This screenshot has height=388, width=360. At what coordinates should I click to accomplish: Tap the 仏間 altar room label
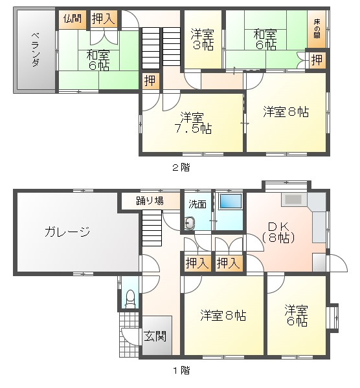[73, 19]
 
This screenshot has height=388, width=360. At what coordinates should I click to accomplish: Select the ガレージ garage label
[67, 232]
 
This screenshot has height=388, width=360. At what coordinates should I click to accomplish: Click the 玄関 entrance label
[155, 336]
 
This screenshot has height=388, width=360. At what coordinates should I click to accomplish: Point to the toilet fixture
[130, 298]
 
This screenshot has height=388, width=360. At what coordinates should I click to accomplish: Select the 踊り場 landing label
[149, 200]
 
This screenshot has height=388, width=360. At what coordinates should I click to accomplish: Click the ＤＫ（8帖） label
[279, 232]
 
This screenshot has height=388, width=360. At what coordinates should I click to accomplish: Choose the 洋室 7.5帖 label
[194, 122]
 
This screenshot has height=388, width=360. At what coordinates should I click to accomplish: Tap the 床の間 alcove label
[317, 28]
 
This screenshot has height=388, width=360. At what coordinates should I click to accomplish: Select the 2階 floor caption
[181, 166]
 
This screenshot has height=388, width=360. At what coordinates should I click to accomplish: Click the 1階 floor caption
[181, 371]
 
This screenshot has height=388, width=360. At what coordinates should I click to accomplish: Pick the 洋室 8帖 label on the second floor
[286, 111]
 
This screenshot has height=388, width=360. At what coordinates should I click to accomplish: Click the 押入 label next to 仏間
[103, 19]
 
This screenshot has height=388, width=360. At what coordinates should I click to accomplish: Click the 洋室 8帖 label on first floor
[222, 316]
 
